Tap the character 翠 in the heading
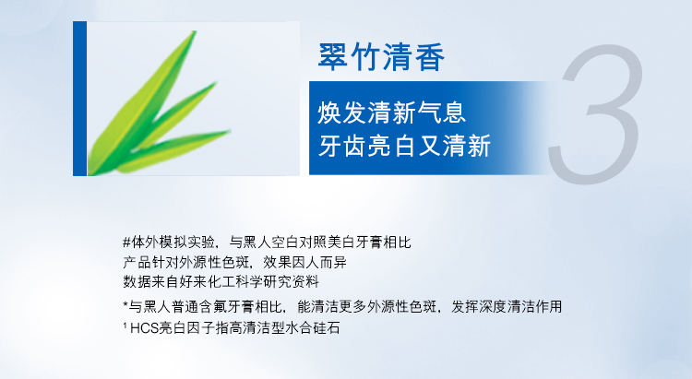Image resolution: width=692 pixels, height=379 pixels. tap(332, 57)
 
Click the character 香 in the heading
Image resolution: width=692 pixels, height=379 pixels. tap(429, 57)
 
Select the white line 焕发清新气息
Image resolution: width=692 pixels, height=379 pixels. tap(391, 113)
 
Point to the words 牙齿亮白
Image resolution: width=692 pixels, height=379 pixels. tap(367, 146)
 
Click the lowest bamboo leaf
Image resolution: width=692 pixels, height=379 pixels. tap(173, 150)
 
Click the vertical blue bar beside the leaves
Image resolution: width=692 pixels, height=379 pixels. tap(80, 99)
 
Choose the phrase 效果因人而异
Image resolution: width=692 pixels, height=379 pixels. tap(305, 263)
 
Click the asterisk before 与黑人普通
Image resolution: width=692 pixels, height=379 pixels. tap(125, 303)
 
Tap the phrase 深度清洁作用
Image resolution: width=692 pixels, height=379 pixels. tap(520, 306)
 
